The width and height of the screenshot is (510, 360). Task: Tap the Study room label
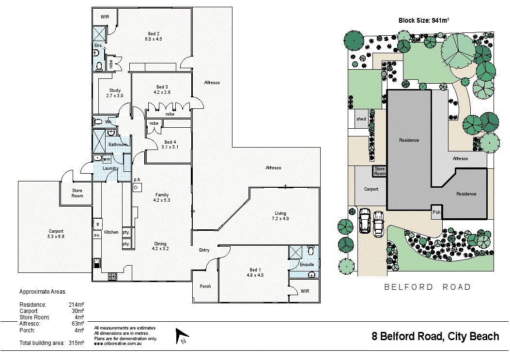point(115,90)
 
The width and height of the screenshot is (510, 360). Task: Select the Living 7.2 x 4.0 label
point(280,213)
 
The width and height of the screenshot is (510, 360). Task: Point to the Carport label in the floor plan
point(56,231)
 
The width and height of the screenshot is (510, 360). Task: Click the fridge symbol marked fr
point(97,225)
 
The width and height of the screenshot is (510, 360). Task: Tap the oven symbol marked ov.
point(97,235)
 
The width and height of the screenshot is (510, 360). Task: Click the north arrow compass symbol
point(182,335)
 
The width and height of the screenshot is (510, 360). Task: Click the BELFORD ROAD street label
point(427,287)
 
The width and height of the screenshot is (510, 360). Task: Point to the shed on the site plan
point(361,119)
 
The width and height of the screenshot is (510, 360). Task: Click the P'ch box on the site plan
point(436,212)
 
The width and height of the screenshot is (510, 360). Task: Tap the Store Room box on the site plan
point(380,171)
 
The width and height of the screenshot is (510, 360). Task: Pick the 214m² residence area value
point(77,305)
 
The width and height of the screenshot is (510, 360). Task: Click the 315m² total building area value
point(77,343)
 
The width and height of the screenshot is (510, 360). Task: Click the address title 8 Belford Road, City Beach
point(435,336)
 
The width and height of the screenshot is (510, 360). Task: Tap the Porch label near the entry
point(205,286)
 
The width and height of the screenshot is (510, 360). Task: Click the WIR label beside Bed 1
point(305,291)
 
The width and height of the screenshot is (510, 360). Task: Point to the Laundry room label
point(111,168)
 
